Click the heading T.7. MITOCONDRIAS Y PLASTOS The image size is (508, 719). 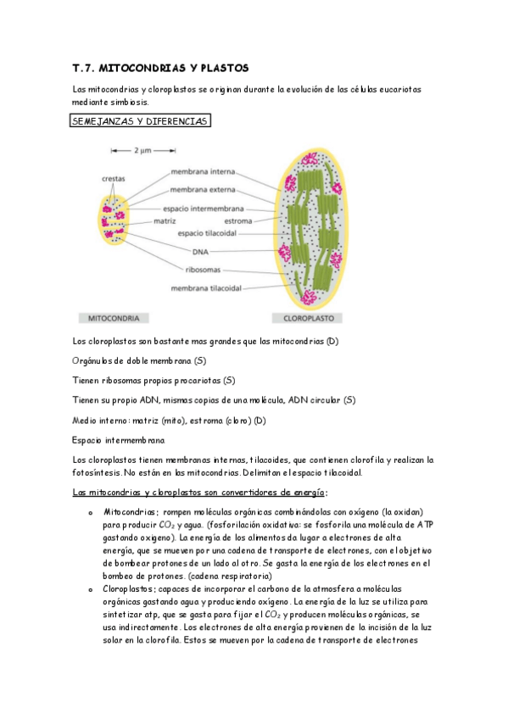pyautogui.click(x=160, y=68)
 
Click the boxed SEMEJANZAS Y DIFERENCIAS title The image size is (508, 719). pyautogui.click(x=141, y=122)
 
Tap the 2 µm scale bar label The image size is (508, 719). pyautogui.click(x=142, y=151)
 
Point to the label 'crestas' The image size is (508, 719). pyautogui.click(x=114, y=179)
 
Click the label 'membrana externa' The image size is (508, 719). pyautogui.click(x=203, y=190)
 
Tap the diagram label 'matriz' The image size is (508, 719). pyautogui.click(x=164, y=220)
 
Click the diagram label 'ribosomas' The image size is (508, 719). pyautogui.click(x=204, y=270)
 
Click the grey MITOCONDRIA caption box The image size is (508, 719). pyautogui.click(x=115, y=319)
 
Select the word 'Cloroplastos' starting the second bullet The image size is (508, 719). pyautogui.click(x=130, y=588)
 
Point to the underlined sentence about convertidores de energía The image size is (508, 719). pyautogui.click(x=199, y=492)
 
